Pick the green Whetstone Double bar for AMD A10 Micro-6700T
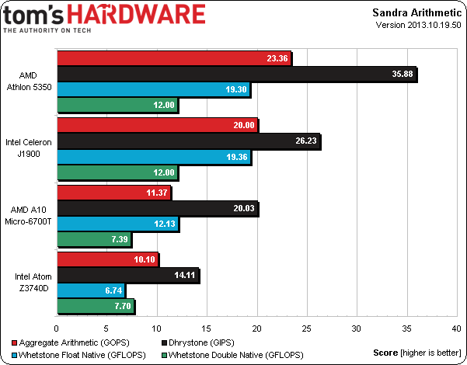click(94, 240)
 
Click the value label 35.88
click(401, 74)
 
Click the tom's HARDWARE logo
click(105, 16)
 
